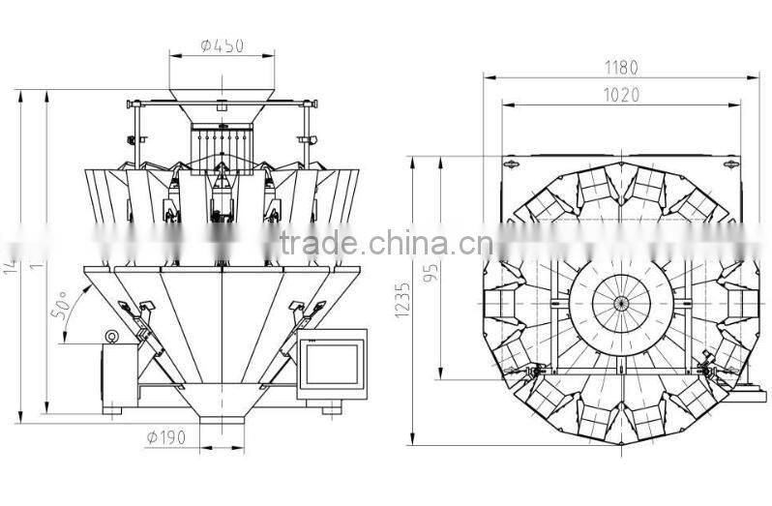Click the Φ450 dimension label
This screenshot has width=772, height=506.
pos(222,44)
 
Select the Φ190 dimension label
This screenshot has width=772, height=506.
pos(165,437)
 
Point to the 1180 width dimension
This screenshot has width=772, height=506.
pos(620,68)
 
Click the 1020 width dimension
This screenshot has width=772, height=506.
pos(620,96)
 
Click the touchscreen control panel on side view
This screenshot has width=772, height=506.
pos(332,364)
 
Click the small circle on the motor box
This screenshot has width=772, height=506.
pos(112,337)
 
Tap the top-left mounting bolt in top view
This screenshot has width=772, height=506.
pos(506,166)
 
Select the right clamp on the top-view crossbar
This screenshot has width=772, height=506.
pos(707,370)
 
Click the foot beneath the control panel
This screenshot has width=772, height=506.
pos(331,408)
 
